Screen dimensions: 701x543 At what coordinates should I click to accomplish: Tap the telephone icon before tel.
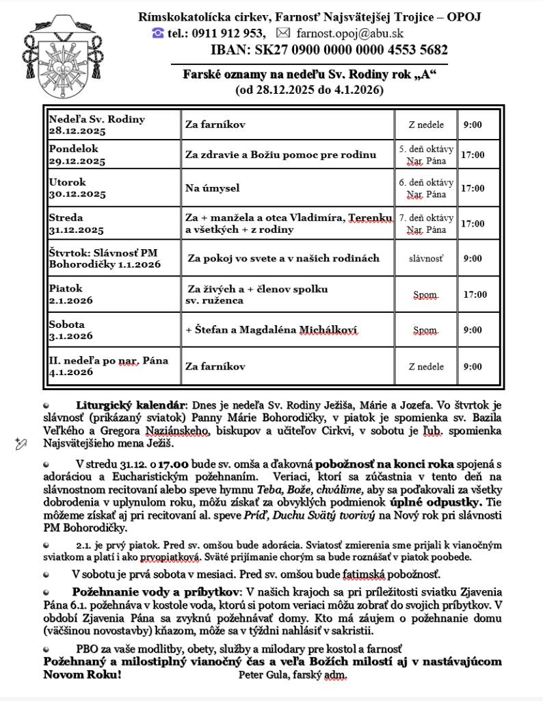pos(158,33)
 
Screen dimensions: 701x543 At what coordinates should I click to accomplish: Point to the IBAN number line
pos(329,50)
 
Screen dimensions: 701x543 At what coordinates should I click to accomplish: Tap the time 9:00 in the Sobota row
pos(473,330)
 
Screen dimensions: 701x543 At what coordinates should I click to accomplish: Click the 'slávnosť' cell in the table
pos(425,259)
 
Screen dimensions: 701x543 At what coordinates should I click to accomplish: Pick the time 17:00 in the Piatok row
pos(475,294)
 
